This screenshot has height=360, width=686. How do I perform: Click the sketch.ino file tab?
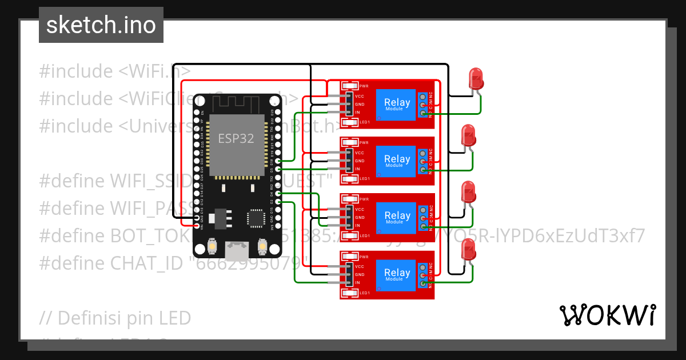click(x=101, y=25)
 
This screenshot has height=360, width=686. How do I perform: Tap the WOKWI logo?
click(x=607, y=315)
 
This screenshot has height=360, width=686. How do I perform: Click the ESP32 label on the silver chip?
click(x=236, y=139)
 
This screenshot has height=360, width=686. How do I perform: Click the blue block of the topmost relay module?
click(x=396, y=105)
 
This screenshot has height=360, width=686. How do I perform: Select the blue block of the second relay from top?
click(x=396, y=161)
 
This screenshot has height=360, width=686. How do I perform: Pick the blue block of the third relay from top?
click(x=396, y=218)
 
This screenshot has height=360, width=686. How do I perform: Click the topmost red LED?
click(x=476, y=78)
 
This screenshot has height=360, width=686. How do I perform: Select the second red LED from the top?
click(x=469, y=135)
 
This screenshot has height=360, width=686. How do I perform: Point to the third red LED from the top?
click(x=469, y=192)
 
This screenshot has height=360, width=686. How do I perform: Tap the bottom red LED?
click(x=469, y=250)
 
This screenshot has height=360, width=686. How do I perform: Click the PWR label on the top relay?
click(x=364, y=86)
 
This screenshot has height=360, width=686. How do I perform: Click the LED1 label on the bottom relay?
click(x=364, y=293)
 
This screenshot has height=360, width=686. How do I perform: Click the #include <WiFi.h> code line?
click(x=115, y=71)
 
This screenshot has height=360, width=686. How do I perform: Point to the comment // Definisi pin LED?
click(x=115, y=318)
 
